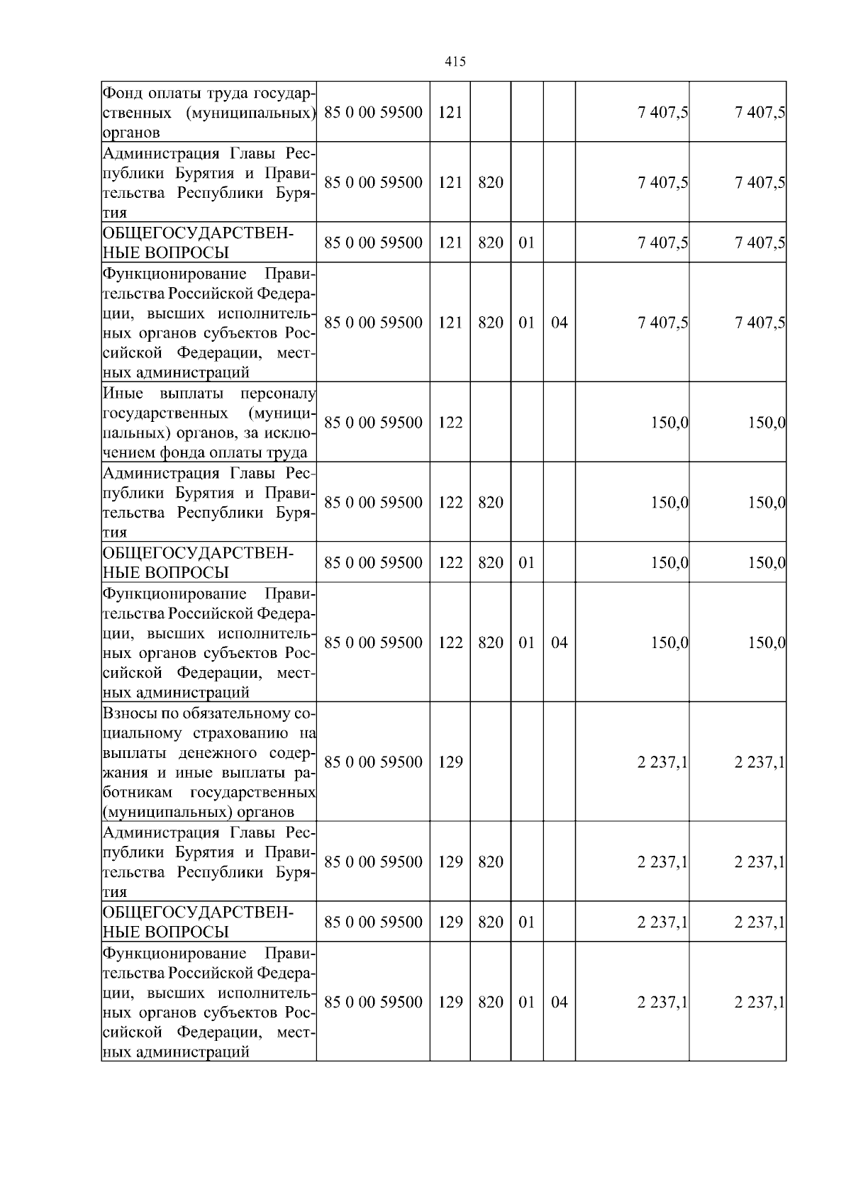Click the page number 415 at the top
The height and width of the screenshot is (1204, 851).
(x=455, y=62)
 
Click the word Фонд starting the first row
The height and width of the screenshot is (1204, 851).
(x=122, y=93)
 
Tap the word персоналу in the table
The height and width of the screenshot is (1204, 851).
(x=278, y=394)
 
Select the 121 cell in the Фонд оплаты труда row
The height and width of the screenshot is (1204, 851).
(x=450, y=112)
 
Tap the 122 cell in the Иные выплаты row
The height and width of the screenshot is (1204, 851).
(x=450, y=423)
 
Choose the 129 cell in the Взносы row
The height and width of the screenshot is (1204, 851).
(x=450, y=762)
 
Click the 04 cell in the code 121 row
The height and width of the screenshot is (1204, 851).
(x=559, y=323)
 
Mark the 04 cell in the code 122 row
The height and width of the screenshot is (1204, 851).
(x=559, y=642)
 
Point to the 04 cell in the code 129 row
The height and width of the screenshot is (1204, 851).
(x=559, y=1002)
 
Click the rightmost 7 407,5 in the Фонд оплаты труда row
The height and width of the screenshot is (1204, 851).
(x=760, y=112)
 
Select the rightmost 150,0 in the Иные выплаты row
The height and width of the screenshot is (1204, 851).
(x=767, y=423)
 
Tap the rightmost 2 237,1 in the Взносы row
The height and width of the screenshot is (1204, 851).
(x=760, y=762)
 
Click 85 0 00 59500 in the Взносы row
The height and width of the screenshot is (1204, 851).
(x=373, y=762)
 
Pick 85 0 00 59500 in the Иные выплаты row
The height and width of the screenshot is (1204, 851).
(x=373, y=423)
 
